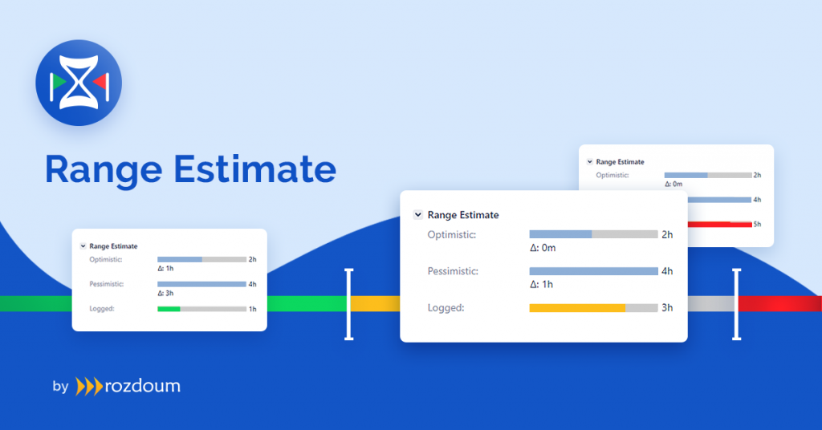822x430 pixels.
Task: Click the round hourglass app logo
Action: click(x=79, y=83)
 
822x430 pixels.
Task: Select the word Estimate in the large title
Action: click(x=254, y=168)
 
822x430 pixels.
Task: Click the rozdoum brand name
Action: click(x=143, y=386)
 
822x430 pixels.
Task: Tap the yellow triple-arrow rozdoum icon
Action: click(x=89, y=387)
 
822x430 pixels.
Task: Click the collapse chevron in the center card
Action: click(x=417, y=215)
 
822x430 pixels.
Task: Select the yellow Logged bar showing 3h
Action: click(x=577, y=308)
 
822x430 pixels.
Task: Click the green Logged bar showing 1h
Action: click(x=169, y=309)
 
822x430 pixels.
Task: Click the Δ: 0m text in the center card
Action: click(x=543, y=248)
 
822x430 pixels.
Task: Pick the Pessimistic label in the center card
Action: click(x=453, y=271)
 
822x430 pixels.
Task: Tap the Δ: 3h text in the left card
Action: click(x=165, y=294)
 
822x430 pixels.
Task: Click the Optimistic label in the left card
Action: click(x=106, y=260)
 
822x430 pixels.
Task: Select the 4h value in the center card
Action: click(x=667, y=271)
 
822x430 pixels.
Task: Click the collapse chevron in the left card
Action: click(x=83, y=246)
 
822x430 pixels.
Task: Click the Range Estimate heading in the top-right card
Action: click(x=621, y=162)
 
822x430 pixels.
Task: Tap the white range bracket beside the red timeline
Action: click(x=737, y=304)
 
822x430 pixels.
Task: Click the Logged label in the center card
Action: click(x=446, y=308)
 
